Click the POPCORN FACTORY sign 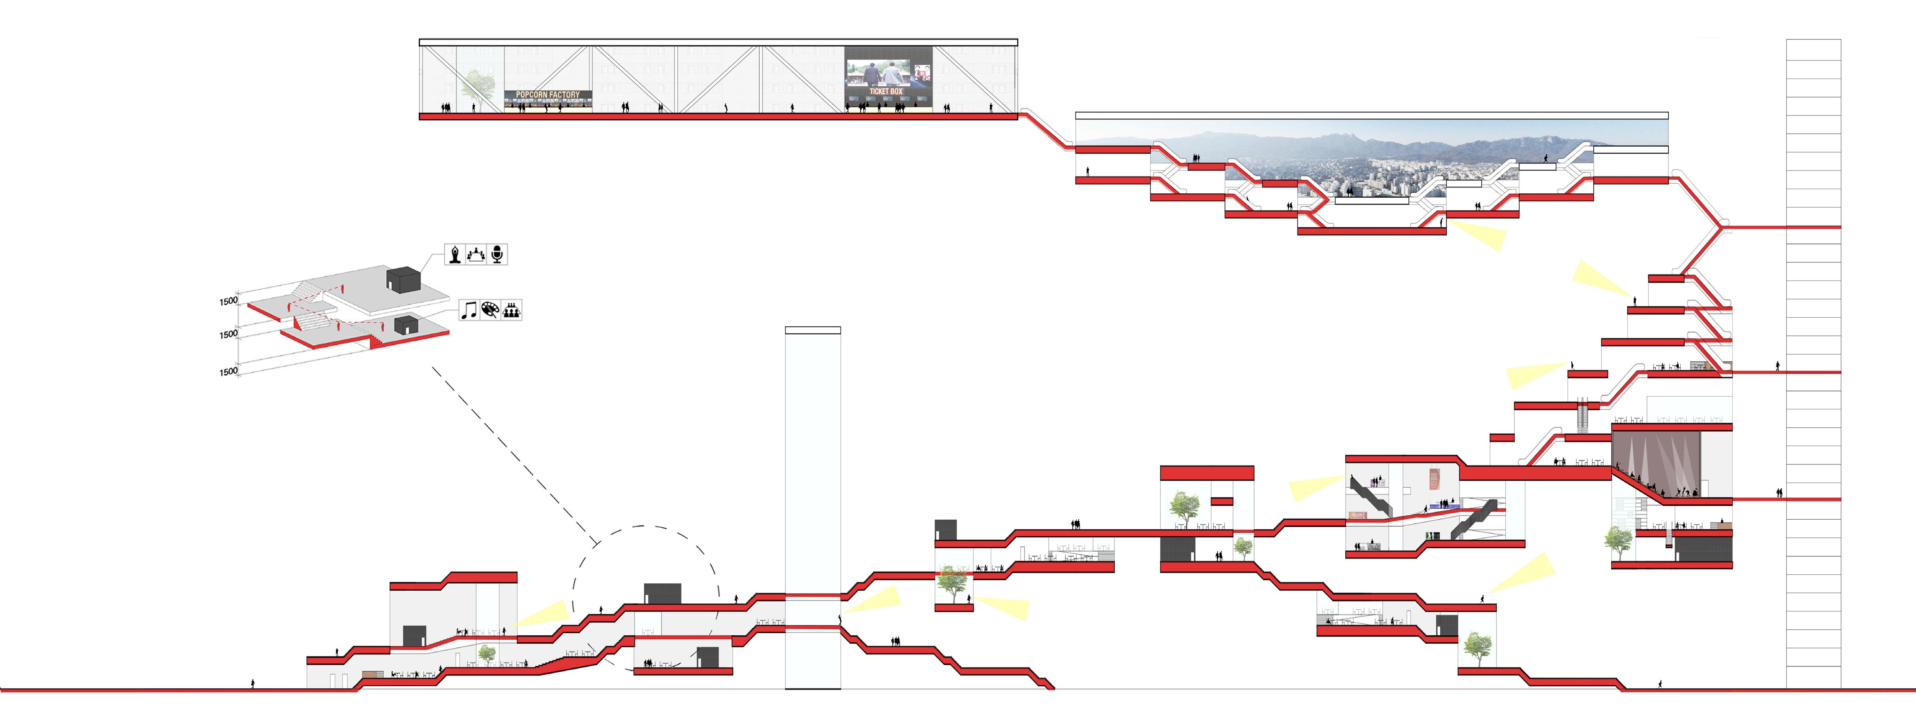pos(547,94)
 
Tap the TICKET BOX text pos(886,91)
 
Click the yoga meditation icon pos(455,254)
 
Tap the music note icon pos(469,310)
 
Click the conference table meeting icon pos(476,254)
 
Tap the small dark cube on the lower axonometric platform pos(405,325)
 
